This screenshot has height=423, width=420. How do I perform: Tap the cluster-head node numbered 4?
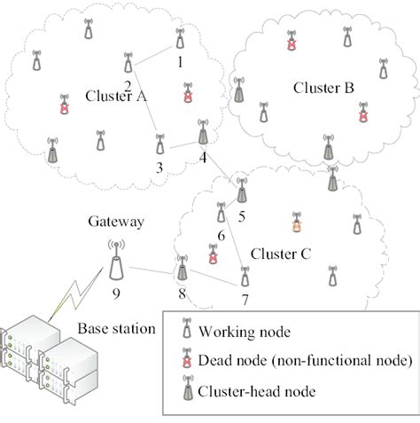pos(205,132)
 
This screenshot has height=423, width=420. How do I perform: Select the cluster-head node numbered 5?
pos(241,189)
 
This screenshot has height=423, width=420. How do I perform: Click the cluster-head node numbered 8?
pos(183,266)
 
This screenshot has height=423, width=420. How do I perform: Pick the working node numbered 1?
pos(180,38)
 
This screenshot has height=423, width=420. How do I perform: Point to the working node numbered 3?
pos(159,143)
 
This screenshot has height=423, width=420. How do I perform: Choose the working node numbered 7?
pos(244,276)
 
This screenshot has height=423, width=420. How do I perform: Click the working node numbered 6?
pos(222,212)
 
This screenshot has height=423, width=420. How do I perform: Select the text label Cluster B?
pos(323,89)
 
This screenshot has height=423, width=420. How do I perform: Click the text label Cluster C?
pos(280,254)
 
